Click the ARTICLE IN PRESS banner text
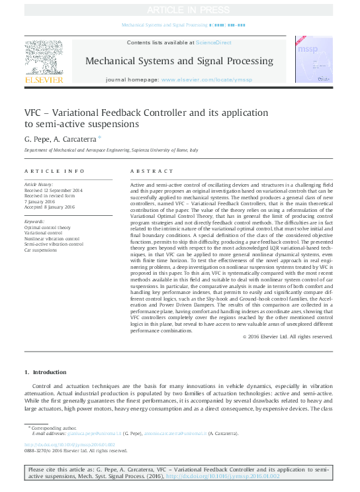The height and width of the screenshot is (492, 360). [x=179, y=10]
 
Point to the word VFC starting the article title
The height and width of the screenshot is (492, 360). [x=33, y=113]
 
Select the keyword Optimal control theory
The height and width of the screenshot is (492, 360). [x=48, y=227]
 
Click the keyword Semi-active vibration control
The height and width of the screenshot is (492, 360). [x=54, y=244]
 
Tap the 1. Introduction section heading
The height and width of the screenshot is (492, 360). [x=45, y=373]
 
